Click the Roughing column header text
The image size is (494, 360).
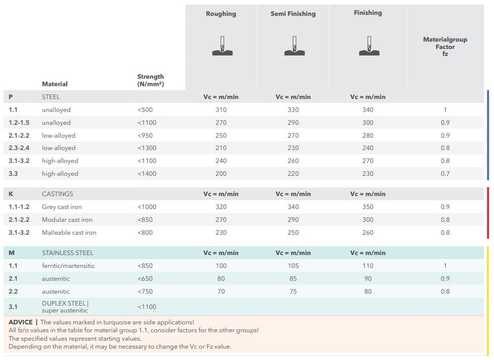(221, 14)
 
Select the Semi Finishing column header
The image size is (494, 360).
(293, 14)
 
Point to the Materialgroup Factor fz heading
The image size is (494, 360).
(445, 46)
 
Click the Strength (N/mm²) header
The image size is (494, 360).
(150, 80)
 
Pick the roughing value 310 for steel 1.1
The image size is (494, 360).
(221, 110)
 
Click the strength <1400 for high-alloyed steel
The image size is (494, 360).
(147, 174)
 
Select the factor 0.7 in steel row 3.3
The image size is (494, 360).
(445, 174)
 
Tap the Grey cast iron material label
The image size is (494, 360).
(62, 207)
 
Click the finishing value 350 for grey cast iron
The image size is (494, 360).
(368, 207)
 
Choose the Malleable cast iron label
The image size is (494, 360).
(69, 232)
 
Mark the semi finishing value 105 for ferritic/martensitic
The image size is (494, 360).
(293, 266)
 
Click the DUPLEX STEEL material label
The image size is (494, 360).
(64, 303)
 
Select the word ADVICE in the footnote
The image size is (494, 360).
(21, 322)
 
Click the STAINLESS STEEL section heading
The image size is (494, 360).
(67, 253)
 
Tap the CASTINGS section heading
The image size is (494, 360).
(58, 194)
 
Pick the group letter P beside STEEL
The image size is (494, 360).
(11, 97)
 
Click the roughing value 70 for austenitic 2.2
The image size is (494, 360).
(221, 292)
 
